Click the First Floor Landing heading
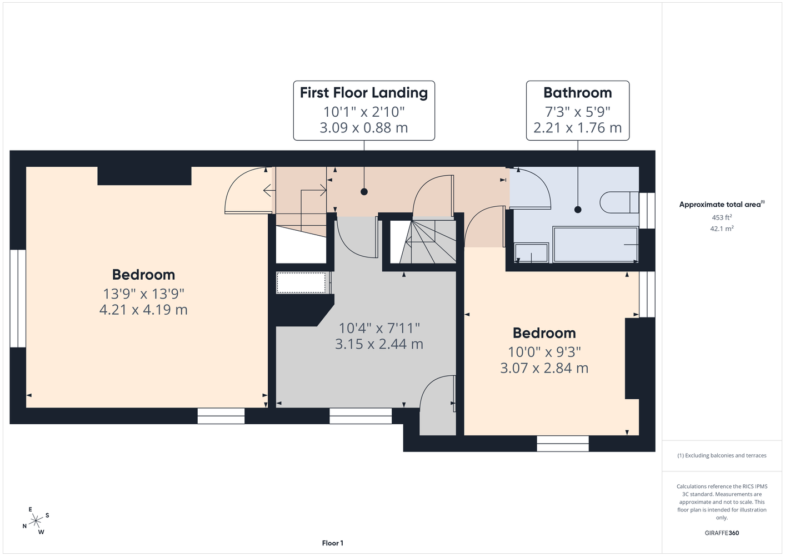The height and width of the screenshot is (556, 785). [364, 93]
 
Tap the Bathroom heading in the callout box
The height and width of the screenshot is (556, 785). [578, 93]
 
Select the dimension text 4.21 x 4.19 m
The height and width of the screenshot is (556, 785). [143, 309]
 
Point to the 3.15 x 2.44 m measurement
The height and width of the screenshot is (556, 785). [379, 344]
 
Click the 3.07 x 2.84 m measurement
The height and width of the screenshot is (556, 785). [544, 368]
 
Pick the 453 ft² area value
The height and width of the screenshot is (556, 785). [722, 217]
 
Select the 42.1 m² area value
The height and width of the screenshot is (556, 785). [722, 229]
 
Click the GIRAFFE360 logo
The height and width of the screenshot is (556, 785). [722, 533]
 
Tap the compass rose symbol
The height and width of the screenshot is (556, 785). [36, 521]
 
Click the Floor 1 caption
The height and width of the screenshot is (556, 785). [333, 543]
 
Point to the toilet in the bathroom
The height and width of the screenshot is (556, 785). [619, 202]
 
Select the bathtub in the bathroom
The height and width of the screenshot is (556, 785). [595, 245]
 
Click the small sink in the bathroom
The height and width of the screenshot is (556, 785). [531, 252]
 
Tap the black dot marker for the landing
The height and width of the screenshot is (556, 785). [364, 192]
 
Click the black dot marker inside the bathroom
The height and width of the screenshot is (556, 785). [578, 210]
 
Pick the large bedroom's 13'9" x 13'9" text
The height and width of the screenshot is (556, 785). [143, 294]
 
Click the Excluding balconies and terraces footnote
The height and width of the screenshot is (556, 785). [722, 455]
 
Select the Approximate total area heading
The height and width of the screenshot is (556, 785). [722, 205]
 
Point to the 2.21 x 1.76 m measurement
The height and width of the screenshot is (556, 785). [578, 128]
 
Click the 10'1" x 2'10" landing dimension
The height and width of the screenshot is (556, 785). [364, 112]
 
